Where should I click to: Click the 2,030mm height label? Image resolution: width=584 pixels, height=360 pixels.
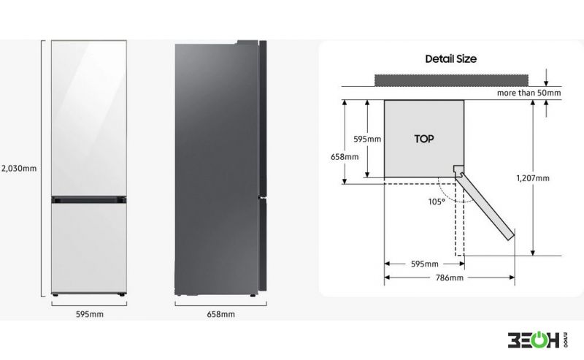coord(19,168)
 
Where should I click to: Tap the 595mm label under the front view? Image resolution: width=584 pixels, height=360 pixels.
coord(90,314)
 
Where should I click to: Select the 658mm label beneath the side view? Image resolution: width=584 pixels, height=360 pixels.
coord(221,314)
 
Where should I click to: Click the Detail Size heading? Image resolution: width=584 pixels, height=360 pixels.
coord(450,59)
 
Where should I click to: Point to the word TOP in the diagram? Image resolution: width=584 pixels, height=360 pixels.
coord(424,139)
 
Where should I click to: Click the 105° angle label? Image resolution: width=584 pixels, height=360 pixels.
coord(437,202)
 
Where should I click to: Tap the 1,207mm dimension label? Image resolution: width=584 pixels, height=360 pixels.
coord(533,178)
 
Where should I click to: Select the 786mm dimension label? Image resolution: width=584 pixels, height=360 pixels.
coord(450,277)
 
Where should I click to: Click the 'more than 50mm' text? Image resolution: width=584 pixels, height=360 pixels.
coord(529,93)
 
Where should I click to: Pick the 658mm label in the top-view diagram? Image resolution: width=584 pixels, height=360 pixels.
coord(345,157)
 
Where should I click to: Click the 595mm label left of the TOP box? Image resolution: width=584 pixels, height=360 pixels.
coord(367,139)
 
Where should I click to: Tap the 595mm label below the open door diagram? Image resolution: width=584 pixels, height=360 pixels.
coord(425,264)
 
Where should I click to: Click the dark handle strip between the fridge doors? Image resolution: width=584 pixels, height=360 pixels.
coord(89,200)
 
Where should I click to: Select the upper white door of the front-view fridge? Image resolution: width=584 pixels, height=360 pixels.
coord(89,118)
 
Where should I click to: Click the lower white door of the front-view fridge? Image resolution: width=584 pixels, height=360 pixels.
coord(89,248)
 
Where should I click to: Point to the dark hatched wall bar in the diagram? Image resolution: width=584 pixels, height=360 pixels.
coord(451,80)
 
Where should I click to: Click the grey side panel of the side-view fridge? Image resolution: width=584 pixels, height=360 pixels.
coord(216,169)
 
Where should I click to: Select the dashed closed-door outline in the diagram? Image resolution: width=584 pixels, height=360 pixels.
coord(460,219)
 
